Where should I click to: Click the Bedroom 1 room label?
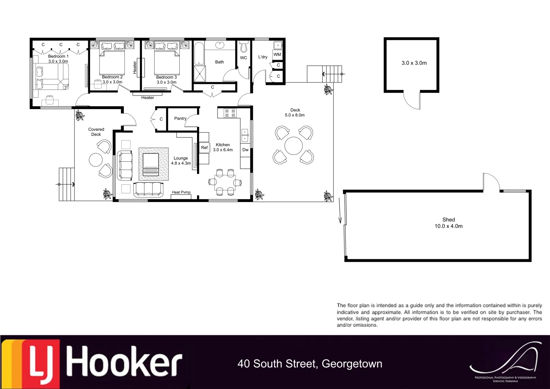[58, 57]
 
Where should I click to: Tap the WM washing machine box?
[277, 55]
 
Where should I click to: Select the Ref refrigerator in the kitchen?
[204, 148]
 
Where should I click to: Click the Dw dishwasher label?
[245, 150]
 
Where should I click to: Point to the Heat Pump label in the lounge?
[181, 192]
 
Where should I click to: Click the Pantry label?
[180, 119]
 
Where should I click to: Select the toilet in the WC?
[244, 46]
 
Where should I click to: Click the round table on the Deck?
[294, 146]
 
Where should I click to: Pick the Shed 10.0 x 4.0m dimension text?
[448, 226]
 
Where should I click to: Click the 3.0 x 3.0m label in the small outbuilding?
[414, 63]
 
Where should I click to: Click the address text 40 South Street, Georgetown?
[310, 364]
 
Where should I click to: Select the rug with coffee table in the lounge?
[153, 164]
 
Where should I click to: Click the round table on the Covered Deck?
[96, 160]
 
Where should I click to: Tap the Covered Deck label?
[96, 132]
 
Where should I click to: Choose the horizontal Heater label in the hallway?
[147, 98]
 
